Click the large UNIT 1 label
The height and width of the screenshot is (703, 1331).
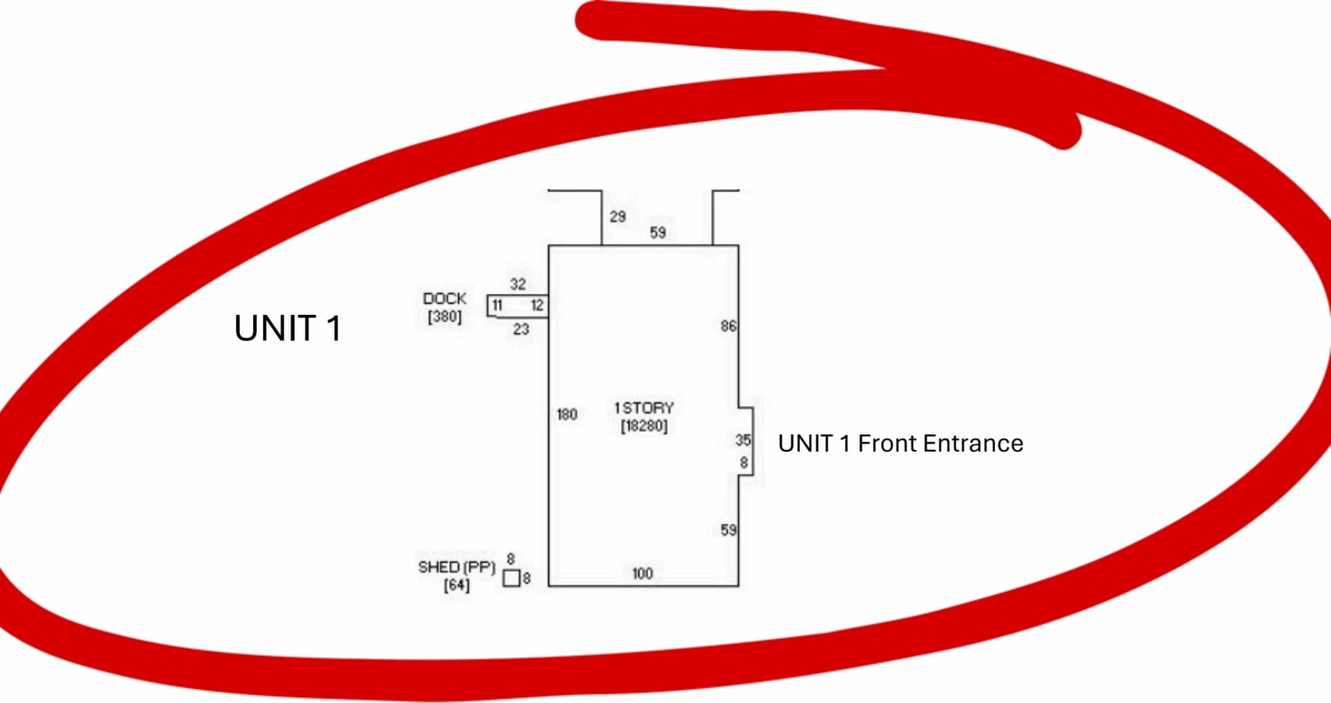tap(287, 328)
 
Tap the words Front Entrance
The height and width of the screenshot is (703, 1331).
tap(940, 444)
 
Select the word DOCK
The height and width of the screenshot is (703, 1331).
tap(444, 298)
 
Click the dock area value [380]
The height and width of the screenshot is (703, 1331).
tap(444, 316)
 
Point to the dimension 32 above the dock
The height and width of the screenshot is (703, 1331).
tap(518, 284)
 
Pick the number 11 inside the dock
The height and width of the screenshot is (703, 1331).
tap(498, 305)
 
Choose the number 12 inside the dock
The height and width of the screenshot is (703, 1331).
tap(537, 305)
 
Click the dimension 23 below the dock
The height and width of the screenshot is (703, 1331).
tap(521, 329)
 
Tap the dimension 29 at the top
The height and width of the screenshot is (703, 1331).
tap(618, 217)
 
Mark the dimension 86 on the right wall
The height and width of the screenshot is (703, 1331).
tap(729, 327)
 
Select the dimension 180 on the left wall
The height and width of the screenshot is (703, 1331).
tap(567, 414)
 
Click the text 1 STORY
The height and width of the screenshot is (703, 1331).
tap(644, 409)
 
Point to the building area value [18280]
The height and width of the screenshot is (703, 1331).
tap(644, 426)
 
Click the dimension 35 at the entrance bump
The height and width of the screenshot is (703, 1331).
tap(744, 441)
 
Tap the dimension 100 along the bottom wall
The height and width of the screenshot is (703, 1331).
tap(642, 573)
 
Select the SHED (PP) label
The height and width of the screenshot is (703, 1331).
tap(456, 568)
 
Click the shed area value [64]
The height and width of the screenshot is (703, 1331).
tap(456, 585)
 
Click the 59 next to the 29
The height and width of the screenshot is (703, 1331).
tap(658, 233)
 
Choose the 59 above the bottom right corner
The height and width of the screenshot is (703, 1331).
tap(729, 530)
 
